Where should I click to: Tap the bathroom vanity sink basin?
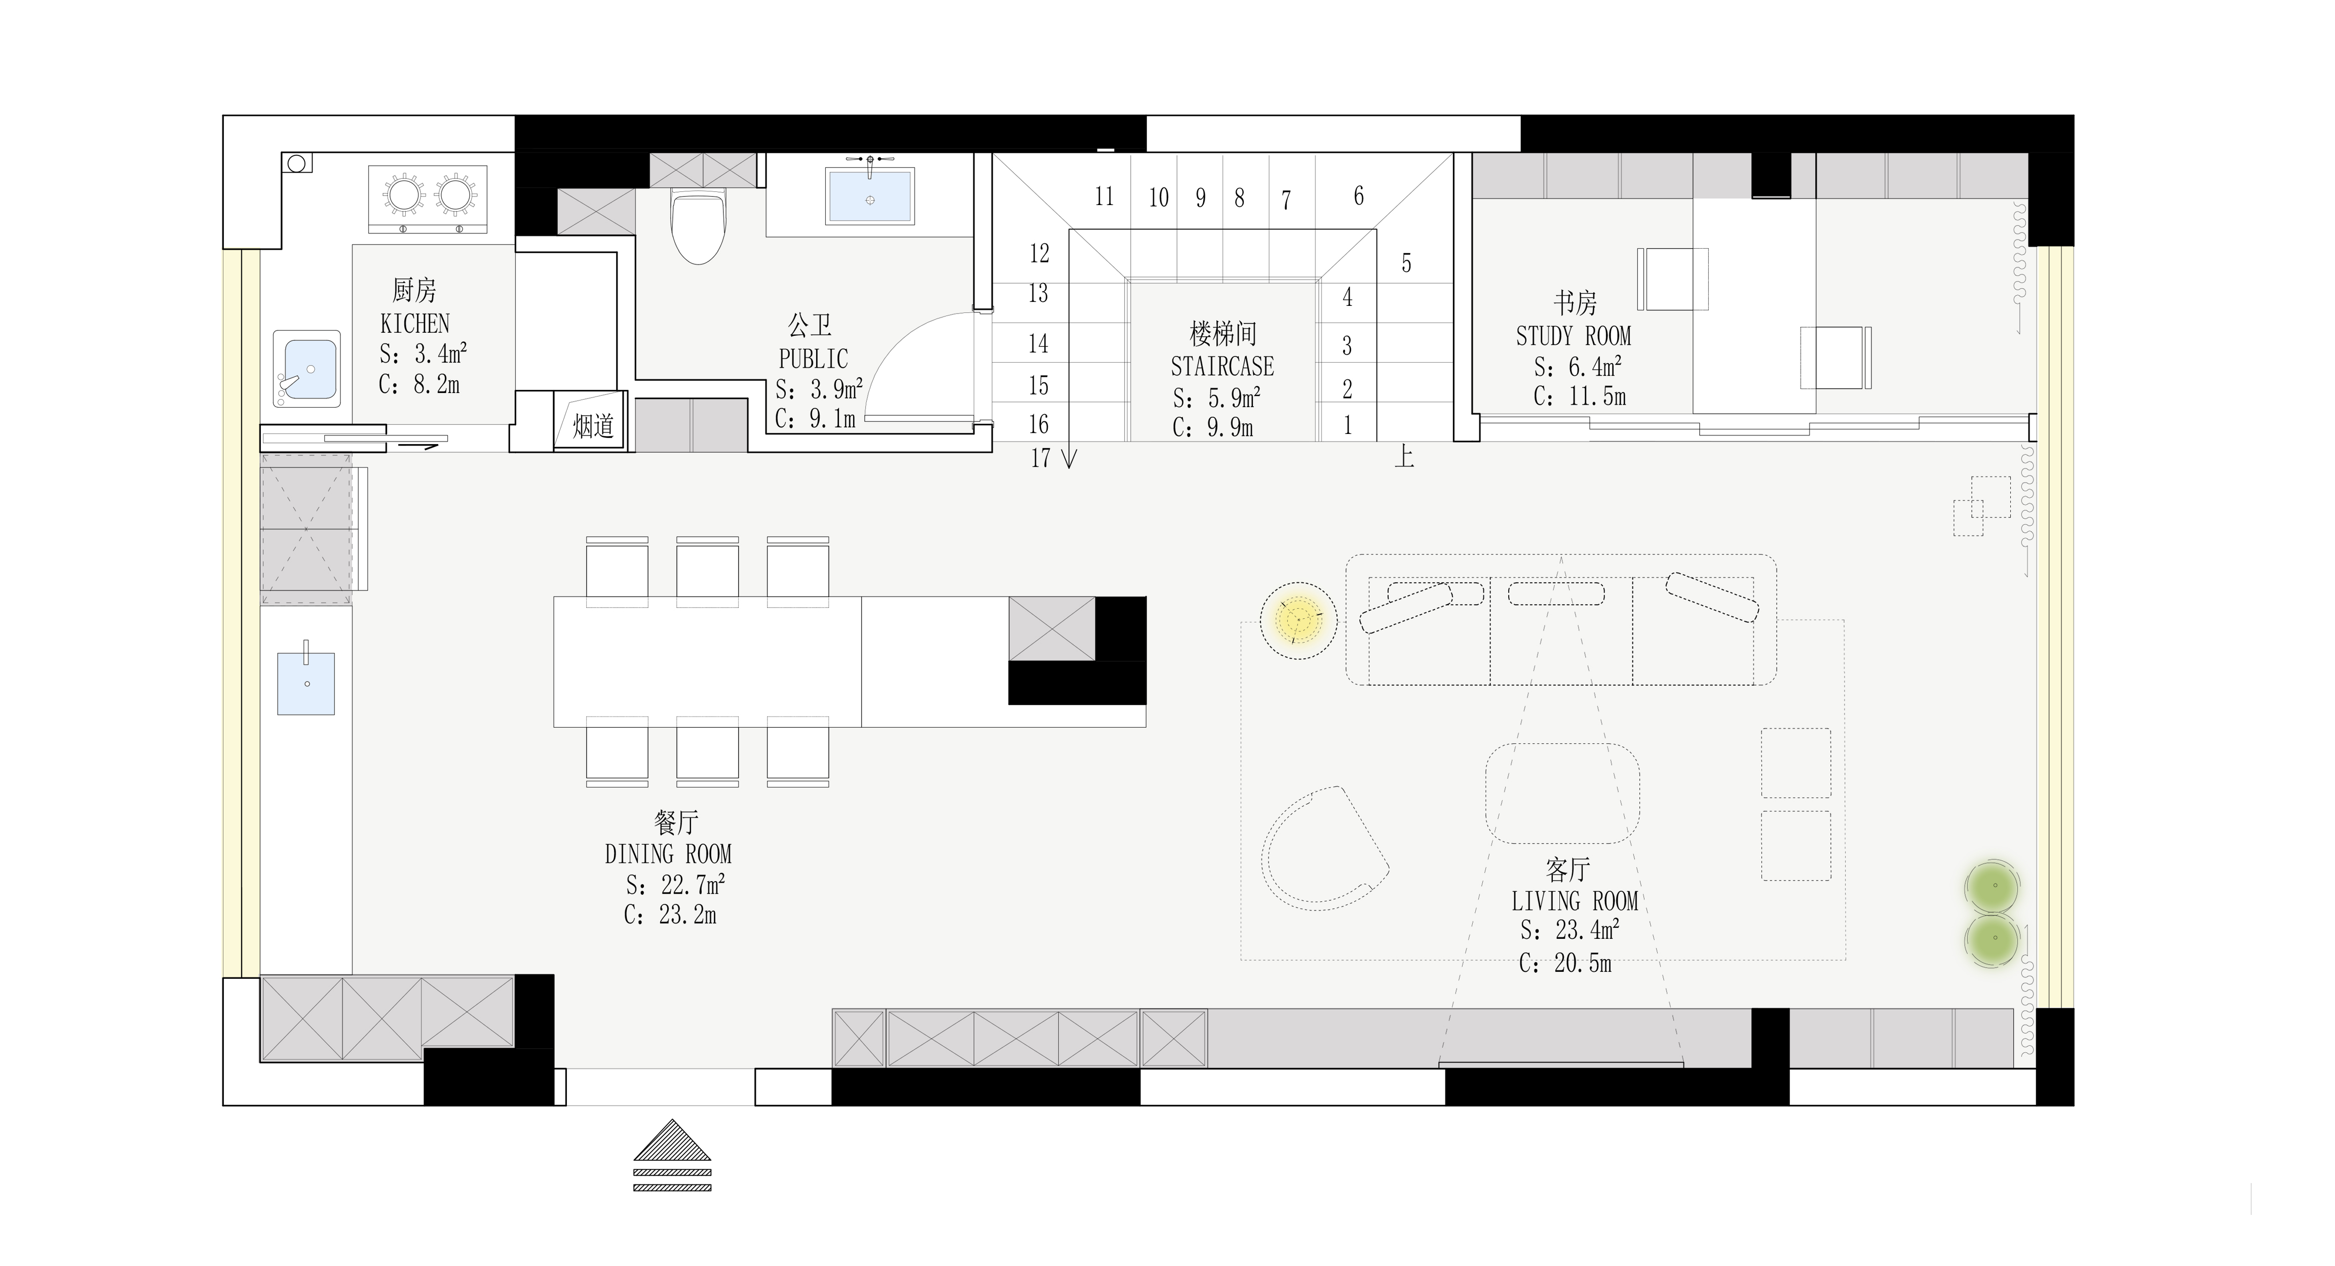(869, 196)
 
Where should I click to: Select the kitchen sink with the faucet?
(308, 369)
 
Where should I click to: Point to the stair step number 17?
(1041, 459)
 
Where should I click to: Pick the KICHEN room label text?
(415, 324)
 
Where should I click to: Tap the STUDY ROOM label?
(1574, 336)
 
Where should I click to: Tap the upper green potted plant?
(1993, 885)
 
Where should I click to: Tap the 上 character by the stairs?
(1404, 456)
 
